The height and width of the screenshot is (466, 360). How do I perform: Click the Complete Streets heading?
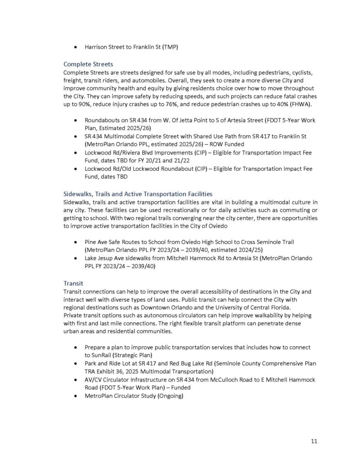(x=88, y=64)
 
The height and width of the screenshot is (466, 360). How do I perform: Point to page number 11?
(x=314, y=441)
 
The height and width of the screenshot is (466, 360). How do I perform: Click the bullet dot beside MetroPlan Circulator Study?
(x=75, y=396)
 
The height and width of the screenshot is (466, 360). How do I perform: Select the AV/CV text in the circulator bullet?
(x=94, y=380)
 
